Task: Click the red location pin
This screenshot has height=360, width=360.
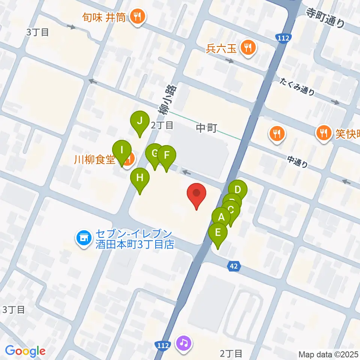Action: pos(196,194)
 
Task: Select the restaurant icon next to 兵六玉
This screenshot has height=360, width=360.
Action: pos(248,48)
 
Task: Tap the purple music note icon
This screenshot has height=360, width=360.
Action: pos(184,343)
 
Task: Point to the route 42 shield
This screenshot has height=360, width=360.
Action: pos(234,266)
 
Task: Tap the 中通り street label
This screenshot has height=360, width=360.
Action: pos(298,161)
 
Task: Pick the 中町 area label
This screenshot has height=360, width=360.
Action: pos(207,129)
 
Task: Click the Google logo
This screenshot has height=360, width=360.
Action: pos(25,351)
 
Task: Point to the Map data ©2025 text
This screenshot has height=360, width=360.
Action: pos(328,354)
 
